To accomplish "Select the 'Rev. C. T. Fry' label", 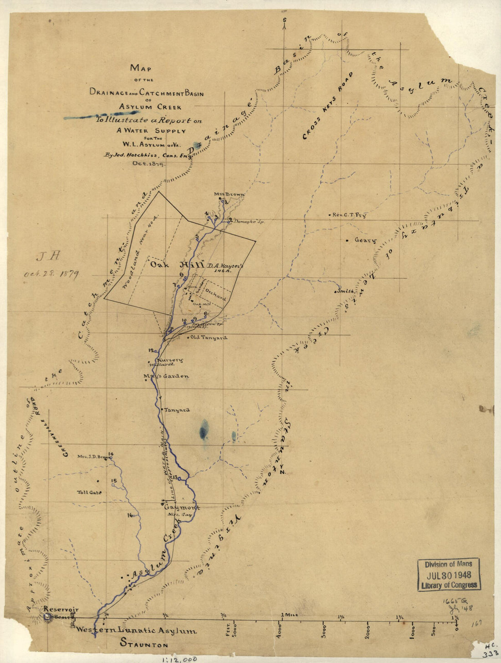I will pos(349,215).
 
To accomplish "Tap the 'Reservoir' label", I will pos(61,610).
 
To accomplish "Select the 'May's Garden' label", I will pos(166,376).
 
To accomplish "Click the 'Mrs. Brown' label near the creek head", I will pos(230,195).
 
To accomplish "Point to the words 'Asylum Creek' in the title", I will pos(144,108).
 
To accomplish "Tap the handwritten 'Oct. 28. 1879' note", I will pos(52,274).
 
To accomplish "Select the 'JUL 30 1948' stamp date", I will pos(449,575).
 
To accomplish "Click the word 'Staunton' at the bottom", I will pos(144,645).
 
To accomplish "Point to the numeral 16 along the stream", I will pos(130,515).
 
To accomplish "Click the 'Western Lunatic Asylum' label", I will pos(136,631).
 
